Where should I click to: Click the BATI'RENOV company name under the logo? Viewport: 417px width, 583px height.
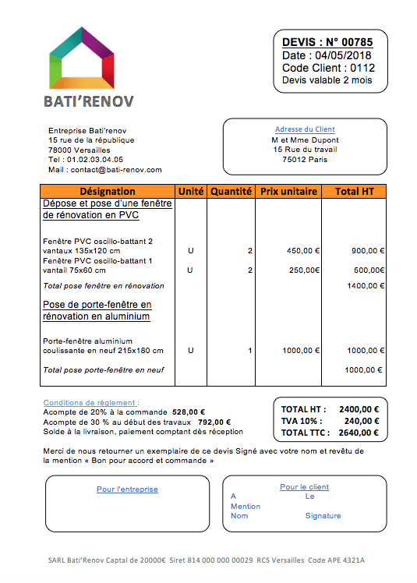pyautogui.click(x=88, y=101)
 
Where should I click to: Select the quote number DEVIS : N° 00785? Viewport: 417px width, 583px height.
pyautogui.click(x=327, y=42)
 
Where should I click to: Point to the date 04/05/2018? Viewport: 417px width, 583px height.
pyautogui.click(x=343, y=55)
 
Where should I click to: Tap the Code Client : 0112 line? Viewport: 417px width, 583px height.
pyautogui.click(x=328, y=68)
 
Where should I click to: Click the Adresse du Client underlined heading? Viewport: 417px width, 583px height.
pyautogui.click(x=305, y=129)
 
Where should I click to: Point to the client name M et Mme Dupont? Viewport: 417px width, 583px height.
pyautogui.click(x=306, y=140)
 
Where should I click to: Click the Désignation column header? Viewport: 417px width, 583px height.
pyautogui.click(x=108, y=191)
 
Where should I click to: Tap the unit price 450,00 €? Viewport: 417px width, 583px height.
pyautogui.click(x=303, y=251)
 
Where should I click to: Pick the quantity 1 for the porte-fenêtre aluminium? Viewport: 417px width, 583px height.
pyautogui.click(x=249, y=351)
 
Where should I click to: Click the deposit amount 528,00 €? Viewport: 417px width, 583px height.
pyautogui.click(x=189, y=412)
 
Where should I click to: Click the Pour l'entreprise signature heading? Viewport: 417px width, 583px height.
pyautogui.click(x=127, y=489)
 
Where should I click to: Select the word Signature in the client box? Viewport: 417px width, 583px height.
pyautogui.click(x=323, y=516)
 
